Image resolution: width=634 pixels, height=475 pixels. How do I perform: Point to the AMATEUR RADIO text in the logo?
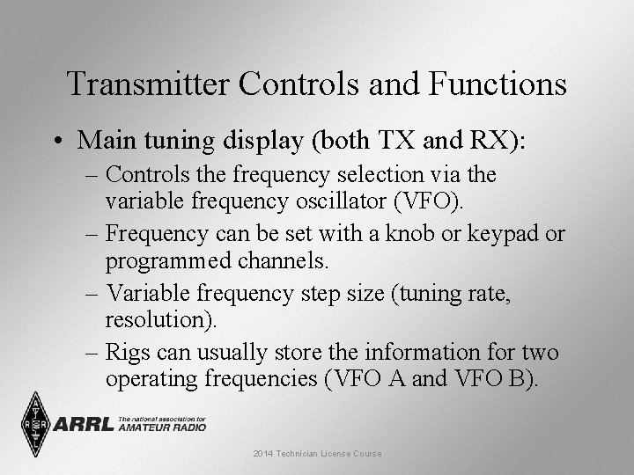click(162, 428)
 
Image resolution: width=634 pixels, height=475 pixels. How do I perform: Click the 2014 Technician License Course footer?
click(317, 454)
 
